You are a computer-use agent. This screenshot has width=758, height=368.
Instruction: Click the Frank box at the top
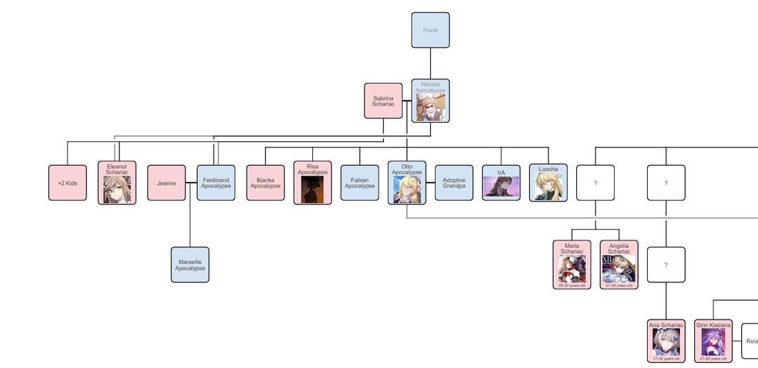coord(430,30)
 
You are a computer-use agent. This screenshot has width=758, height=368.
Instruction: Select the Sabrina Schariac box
coord(383,100)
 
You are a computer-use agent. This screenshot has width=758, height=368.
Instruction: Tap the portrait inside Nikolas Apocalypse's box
coord(430,107)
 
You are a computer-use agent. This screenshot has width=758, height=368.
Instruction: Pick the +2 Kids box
coord(67,183)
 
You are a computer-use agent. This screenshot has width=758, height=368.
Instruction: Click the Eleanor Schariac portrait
coord(117,189)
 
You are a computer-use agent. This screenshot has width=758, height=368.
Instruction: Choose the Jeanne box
coord(166,183)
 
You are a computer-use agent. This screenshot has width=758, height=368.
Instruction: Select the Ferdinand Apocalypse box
coord(215,183)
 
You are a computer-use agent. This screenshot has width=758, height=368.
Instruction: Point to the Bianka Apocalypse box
coord(265,183)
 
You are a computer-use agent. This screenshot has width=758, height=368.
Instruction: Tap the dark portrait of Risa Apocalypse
coord(312,190)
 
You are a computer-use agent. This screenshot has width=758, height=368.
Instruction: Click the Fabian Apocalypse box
coord(359,183)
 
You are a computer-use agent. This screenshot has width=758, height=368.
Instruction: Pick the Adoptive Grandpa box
coord(454,183)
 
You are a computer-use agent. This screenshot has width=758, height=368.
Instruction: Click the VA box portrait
coord(501,187)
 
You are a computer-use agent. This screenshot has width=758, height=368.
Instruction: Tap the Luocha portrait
coord(548,187)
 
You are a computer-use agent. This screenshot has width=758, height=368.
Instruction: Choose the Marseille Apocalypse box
coord(190,265)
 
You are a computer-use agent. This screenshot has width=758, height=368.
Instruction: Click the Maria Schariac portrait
coord(572,269)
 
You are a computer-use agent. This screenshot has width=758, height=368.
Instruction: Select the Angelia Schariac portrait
coord(619,269)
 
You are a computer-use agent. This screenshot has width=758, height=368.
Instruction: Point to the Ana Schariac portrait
coord(666,343)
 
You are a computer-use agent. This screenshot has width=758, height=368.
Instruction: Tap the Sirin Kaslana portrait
coord(713,343)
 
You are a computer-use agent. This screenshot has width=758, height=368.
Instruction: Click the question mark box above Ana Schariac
coord(666,265)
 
